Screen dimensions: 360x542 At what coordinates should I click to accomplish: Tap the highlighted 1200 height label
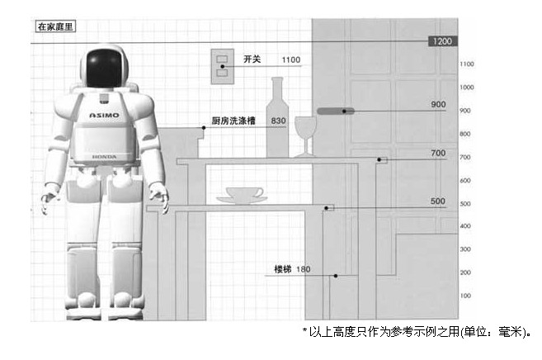tap(441, 40)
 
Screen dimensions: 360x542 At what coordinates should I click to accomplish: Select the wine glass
tap(305, 135)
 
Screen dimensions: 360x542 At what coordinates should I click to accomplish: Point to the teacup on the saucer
tap(244, 192)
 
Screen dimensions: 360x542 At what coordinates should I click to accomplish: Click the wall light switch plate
tap(222, 64)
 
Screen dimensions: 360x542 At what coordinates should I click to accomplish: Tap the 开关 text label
tap(252, 59)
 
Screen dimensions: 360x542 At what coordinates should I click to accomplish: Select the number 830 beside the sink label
tap(278, 121)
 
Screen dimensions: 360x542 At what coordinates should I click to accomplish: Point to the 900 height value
tap(438, 105)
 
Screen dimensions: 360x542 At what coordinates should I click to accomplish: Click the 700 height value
tap(438, 153)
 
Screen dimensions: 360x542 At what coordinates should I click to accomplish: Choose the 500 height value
tap(438, 201)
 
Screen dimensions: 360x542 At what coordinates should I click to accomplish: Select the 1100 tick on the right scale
tap(466, 64)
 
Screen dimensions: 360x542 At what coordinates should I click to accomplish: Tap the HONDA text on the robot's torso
tap(104, 155)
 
